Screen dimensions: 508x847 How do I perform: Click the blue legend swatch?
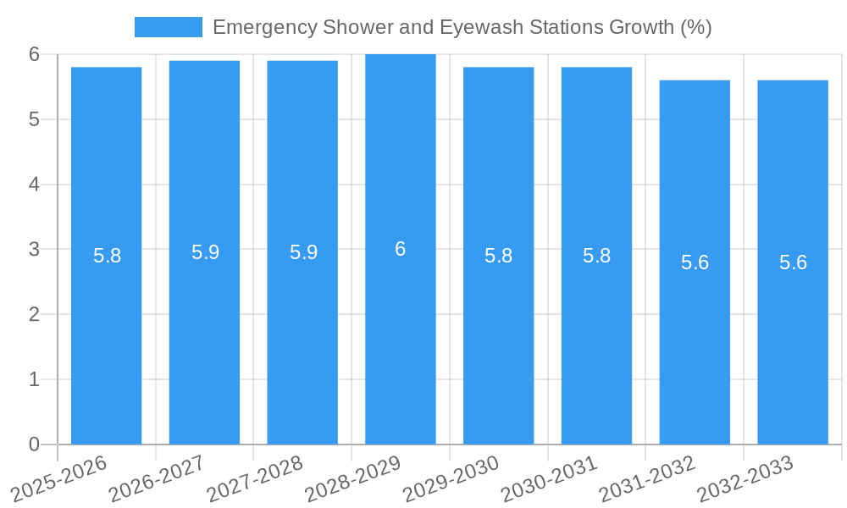coord(168,27)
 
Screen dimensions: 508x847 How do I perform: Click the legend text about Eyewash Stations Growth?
coord(462,27)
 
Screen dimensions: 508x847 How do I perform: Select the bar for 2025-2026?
coord(106,339)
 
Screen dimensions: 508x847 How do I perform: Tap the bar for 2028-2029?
coord(401,339)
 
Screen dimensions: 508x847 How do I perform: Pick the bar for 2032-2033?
coord(793,339)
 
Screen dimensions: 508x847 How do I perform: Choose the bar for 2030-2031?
coord(596,339)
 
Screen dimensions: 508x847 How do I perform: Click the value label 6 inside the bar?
coord(401,249)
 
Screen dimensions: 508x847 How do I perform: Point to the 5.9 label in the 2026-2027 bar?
coord(205,252)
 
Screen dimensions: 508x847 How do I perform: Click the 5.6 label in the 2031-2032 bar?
coord(695,262)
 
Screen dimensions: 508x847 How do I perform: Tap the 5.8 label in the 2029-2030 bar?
coord(498,256)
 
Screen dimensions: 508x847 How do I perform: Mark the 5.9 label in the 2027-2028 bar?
coord(303,252)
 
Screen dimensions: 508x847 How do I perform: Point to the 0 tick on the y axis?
coord(34,444)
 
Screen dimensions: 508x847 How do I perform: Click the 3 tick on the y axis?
coord(34,249)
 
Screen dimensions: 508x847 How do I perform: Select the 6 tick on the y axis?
coord(34,54)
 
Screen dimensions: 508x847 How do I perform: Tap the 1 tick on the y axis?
coord(34,379)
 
